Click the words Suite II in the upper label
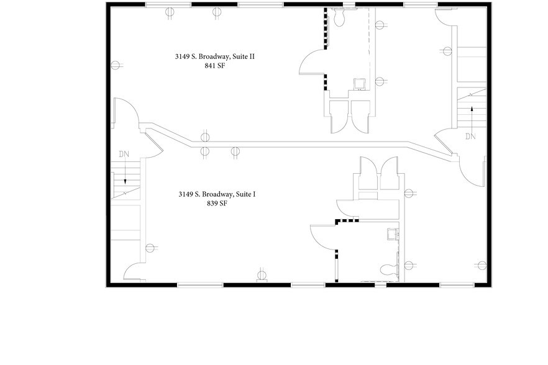tap(243, 57)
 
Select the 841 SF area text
tap(214, 66)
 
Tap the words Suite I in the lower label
tap(245, 194)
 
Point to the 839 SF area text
tap(217, 203)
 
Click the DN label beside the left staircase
tap(124, 153)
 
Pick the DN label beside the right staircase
tap(470, 137)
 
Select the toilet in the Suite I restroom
tap(388, 269)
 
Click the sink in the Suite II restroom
tap(359, 83)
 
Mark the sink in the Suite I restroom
tap(392, 233)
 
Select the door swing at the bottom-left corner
tap(134, 271)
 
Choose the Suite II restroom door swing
tap(311, 64)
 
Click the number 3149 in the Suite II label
tap(182, 57)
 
